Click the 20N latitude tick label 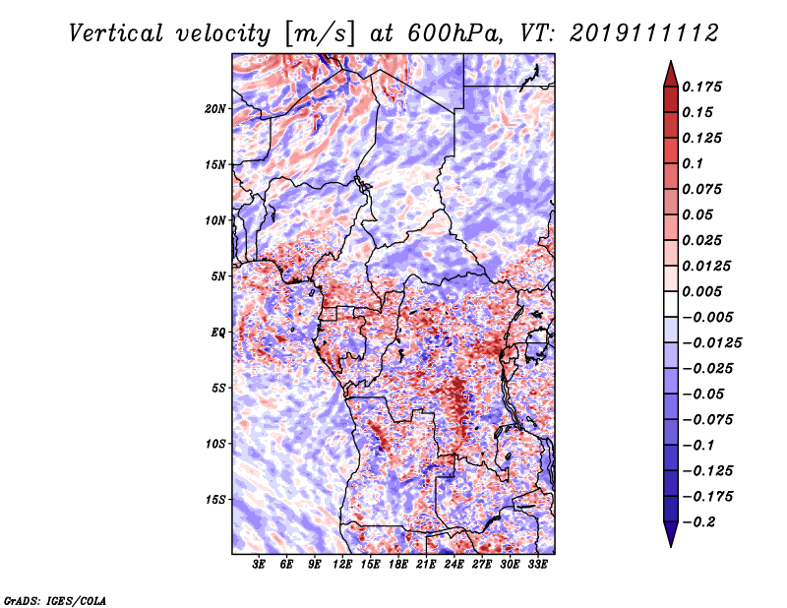pyautogui.click(x=216, y=108)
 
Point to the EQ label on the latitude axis pyautogui.click(x=218, y=332)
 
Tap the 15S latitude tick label pyautogui.click(x=216, y=499)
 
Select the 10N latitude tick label pyautogui.click(x=216, y=219)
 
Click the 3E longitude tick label pyautogui.click(x=260, y=565)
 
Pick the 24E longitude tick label pyautogui.click(x=454, y=565)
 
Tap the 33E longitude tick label pyautogui.click(x=537, y=565)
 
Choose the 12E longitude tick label pyautogui.click(x=342, y=565)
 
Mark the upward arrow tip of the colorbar pyautogui.click(x=669, y=64)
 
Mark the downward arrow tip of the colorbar pyautogui.click(x=669, y=544)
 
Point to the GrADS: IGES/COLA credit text pyautogui.click(x=54, y=599)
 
